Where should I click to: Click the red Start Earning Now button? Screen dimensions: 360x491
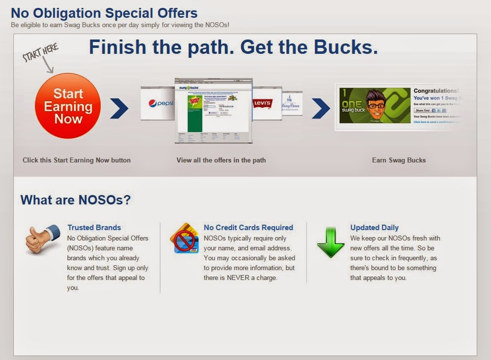click(68, 106)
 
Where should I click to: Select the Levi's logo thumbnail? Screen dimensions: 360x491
click(262, 103)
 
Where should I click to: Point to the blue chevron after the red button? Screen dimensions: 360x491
click(119, 109)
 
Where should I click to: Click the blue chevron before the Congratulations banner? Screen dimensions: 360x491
click(321, 109)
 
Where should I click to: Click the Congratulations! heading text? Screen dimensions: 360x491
click(436, 91)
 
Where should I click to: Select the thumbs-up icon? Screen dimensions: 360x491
click(42, 240)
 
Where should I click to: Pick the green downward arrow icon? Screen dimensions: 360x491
click(331, 241)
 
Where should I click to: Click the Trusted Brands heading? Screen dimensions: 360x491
click(94, 228)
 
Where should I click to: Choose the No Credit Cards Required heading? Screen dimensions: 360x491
click(248, 228)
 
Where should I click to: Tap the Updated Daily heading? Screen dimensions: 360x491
click(375, 228)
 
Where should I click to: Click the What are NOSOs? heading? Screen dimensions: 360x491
click(76, 200)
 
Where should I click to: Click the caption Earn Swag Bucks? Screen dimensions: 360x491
click(399, 160)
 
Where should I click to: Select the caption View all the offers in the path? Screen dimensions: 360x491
click(221, 160)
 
